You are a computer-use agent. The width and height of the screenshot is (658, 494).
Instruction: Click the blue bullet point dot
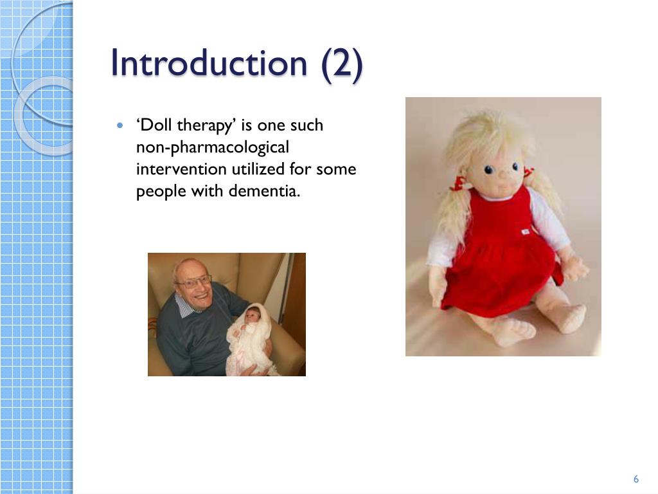point(120,125)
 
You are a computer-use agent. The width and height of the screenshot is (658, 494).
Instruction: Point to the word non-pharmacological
point(213,148)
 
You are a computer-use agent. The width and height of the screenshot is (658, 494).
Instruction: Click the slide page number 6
point(636,479)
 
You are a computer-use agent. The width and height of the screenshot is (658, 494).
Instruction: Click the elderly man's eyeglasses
point(193,282)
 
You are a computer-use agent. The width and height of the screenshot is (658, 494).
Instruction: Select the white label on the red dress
point(525,231)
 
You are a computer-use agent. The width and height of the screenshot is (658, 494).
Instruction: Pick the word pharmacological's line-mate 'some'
point(337,170)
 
